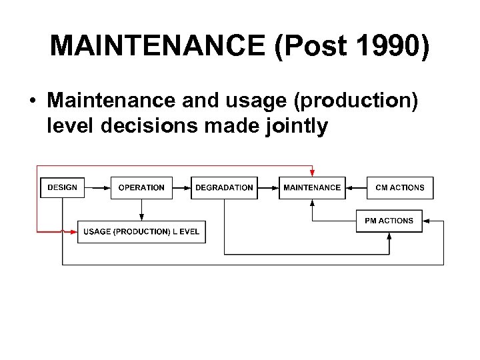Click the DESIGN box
pos(63,187)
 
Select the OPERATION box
pos(141,187)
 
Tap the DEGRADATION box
pos(224,187)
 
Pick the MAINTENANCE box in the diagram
pos(312,187)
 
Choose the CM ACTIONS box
pos(400,187)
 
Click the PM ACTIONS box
pos(389,221)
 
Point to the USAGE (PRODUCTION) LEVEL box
pos(141,231)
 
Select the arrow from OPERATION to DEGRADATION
pos(181,187)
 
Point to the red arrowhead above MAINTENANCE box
pos(312,173)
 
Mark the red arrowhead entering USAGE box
pos(73,231)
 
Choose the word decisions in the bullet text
pos(148,125)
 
